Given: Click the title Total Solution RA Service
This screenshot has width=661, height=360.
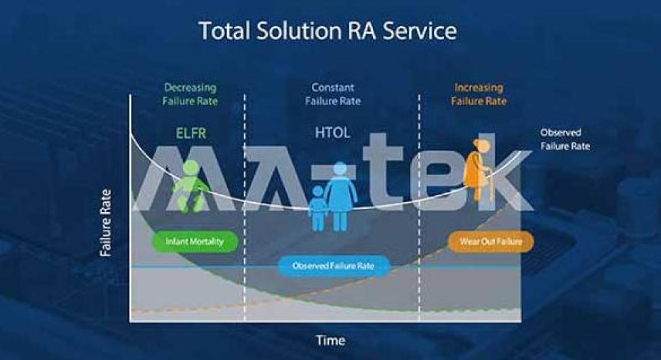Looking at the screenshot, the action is click(x=327, y=31).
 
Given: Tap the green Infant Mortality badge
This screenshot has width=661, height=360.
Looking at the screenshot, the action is click(x=195, y=241).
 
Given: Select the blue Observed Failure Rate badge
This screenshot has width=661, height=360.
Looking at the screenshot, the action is click(x=333, y=266).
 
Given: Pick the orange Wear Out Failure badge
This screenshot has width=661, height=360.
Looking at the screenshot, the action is click(x=491, y=241).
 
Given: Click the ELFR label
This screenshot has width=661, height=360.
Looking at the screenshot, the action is click(x=191, y=133).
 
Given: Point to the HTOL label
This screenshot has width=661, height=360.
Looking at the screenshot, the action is click(x=333, y=133).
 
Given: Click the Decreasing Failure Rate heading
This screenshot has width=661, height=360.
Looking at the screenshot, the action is click(x=190, y=94).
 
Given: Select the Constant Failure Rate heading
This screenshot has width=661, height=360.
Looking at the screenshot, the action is click(x=333, y=94).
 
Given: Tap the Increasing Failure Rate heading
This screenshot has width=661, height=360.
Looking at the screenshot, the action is click(x=479, y=94).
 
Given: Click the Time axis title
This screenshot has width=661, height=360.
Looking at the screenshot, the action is click(x=331, y=340).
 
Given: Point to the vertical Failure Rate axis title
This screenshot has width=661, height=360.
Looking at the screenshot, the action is click(x=106, y=222).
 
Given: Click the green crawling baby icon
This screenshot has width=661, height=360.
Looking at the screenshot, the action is click(x=190, y=186).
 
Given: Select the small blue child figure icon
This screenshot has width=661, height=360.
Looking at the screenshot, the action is click(x=318, y=209).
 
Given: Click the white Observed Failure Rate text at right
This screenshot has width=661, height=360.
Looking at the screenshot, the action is click(x=565, y=139).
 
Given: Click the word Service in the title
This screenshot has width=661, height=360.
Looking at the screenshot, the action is click(x=420, y=31).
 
